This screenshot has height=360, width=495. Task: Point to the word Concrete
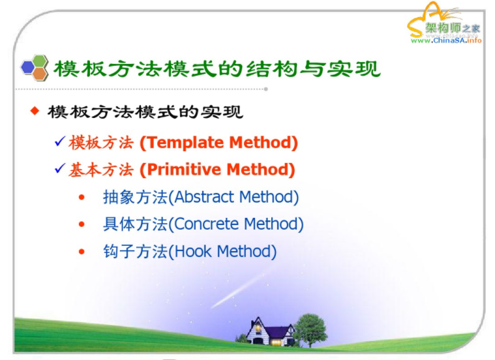[x=206, y=224]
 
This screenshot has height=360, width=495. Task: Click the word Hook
[x=192, y=251]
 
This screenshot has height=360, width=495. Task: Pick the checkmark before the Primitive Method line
[x=60, y=168]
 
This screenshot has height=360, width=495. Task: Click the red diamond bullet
[x=35, y=111]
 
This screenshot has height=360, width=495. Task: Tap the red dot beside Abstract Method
[x=82, y=198]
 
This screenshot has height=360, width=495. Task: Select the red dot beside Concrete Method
[x=82, y=224]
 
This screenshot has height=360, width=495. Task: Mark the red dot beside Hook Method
[x=82, y=252]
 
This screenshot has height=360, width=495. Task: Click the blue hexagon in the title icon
[x=27, y=67]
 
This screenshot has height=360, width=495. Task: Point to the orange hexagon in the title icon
[x=40, y=74]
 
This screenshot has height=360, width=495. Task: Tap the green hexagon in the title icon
[x=40, y=61]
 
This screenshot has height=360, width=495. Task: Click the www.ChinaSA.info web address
[x=446, y=40]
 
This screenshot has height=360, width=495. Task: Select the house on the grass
[x=270, y=331]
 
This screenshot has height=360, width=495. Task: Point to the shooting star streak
[x=241, y=290]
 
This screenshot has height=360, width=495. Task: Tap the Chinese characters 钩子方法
[x=135, y=251]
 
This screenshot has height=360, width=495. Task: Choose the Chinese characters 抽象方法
[x=135, y=197]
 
